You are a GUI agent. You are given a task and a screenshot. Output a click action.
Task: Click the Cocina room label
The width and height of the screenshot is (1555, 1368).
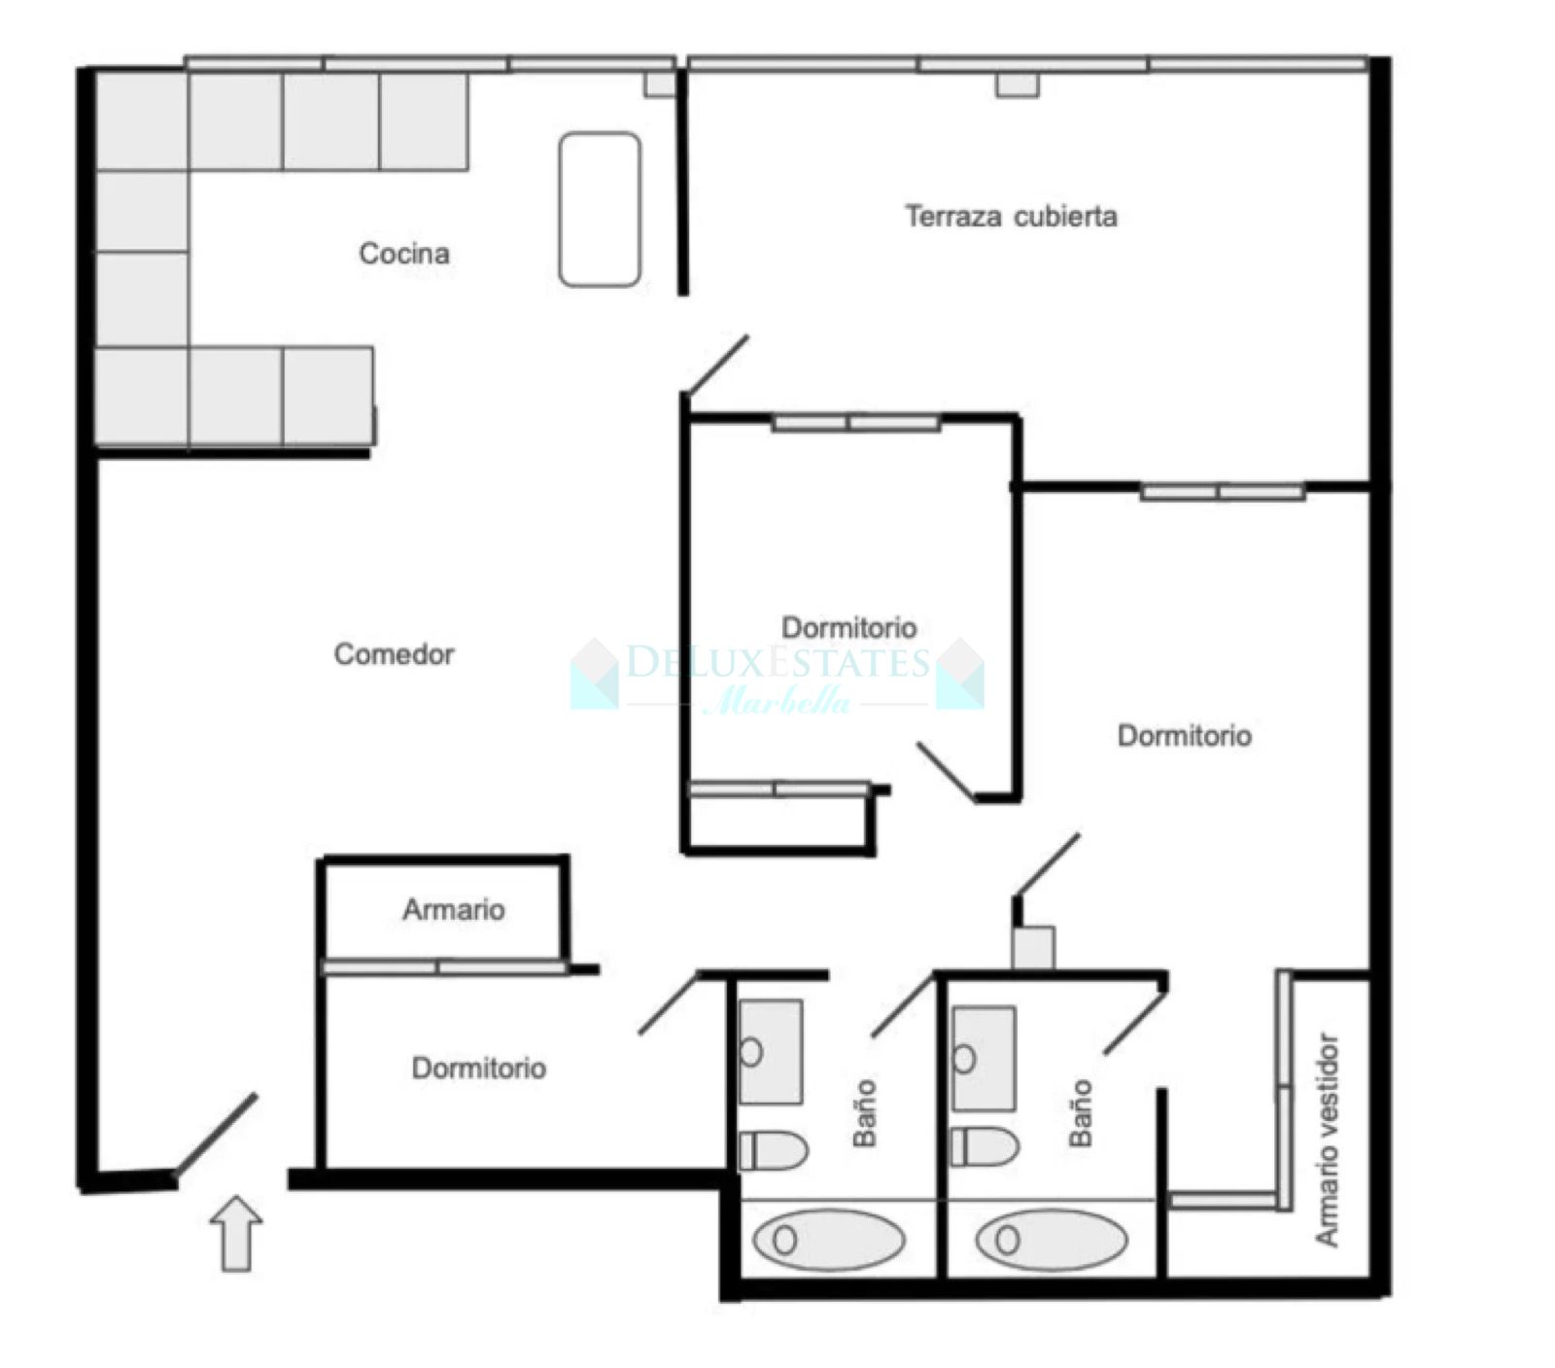[404, 254]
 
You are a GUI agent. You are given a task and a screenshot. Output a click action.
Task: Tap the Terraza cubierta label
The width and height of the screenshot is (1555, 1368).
[1011, 216]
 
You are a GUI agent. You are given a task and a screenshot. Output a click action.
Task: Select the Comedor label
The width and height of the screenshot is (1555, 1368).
[394, 654]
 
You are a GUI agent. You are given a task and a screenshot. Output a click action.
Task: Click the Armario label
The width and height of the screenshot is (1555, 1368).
[454, 910]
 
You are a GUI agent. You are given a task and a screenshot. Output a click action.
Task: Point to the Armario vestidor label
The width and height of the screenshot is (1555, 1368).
[1328, 1140]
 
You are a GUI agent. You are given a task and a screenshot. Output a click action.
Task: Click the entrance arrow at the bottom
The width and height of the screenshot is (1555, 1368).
[236, 1234]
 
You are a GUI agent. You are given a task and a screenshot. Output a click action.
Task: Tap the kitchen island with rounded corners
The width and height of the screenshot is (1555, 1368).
[600, 209]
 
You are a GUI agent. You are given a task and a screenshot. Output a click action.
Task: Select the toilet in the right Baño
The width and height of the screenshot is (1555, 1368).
[985, 1146]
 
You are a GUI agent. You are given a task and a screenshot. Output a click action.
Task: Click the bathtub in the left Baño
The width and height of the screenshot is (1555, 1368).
[829, 1240]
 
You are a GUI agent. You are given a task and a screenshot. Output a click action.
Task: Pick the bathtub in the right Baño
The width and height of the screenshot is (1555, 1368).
[1052, 1240]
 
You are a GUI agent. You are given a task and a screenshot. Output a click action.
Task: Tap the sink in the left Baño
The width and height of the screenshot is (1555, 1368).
[770, 1052]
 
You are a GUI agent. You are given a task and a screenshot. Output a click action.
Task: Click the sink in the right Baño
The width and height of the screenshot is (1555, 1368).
[984, 1058]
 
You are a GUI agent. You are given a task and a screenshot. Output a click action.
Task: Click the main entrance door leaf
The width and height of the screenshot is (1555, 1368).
[216, 1134]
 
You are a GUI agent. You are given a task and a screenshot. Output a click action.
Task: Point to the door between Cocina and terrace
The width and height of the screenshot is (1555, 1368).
[717, 364]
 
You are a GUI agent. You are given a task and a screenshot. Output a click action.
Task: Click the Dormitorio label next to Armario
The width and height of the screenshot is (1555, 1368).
[478, 1069]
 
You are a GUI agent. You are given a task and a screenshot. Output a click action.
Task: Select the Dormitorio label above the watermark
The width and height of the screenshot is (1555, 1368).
[848, 628]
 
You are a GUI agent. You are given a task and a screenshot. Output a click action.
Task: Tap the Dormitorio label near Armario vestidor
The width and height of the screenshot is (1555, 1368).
[1184, 736]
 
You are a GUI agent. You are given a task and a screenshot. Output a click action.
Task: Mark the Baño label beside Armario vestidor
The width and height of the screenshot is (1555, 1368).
[1081, 1113]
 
